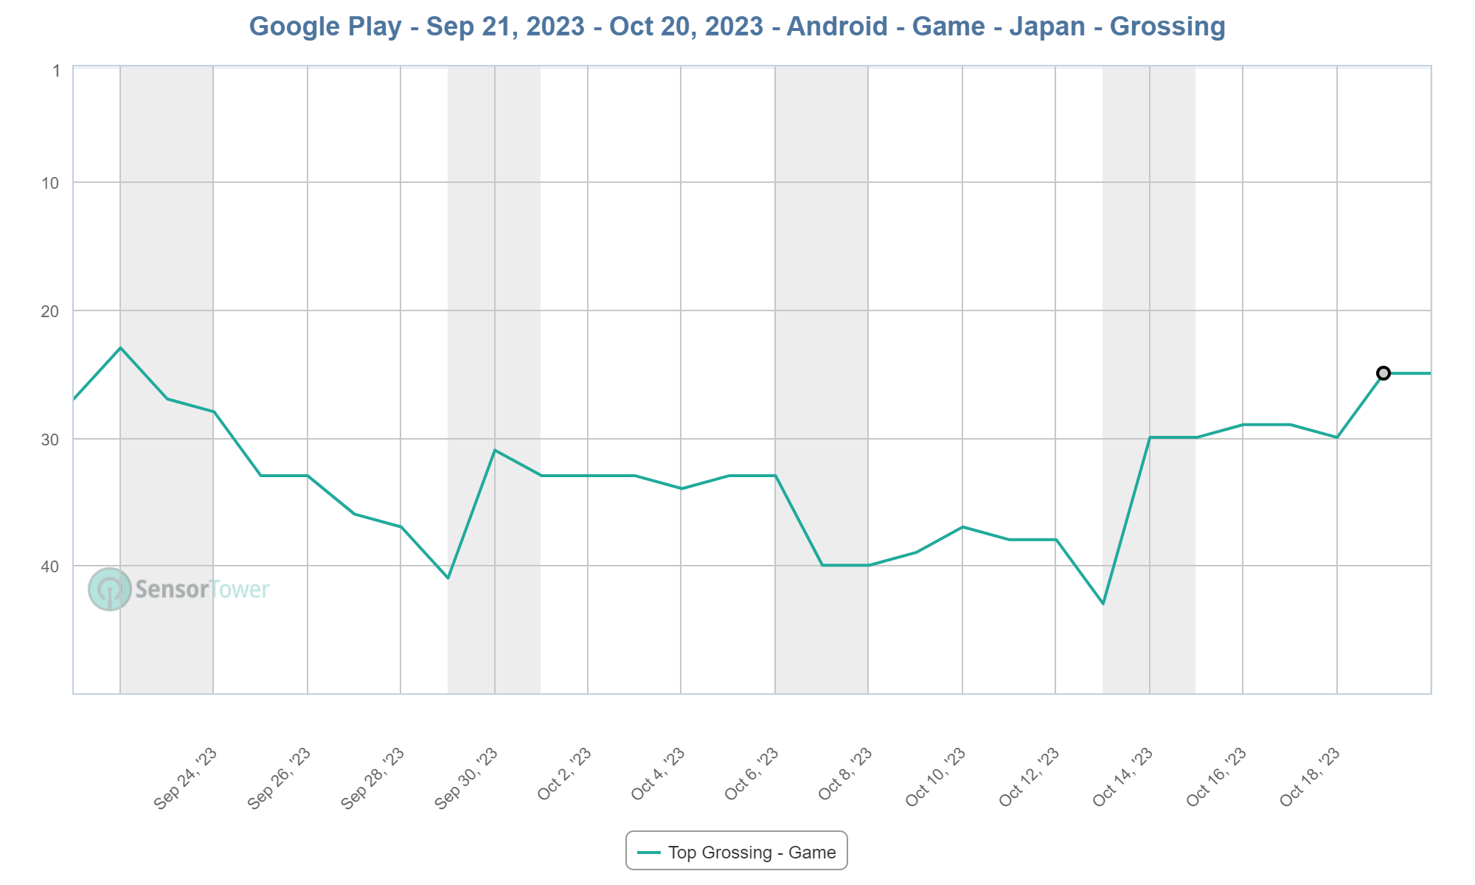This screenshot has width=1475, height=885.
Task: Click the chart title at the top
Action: point(737,27)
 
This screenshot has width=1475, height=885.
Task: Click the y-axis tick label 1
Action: point(56,72)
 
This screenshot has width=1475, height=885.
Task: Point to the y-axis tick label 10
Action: point(51,183)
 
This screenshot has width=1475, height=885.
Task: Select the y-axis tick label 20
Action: point(51,311)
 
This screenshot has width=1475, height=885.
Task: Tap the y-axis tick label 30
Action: point(51,440)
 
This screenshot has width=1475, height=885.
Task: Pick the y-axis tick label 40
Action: point(51,566)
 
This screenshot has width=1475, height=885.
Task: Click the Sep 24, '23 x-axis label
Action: point(186,779)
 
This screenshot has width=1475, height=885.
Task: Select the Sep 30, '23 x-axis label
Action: point(467,779)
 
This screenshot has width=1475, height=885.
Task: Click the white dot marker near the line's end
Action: point(1384,373)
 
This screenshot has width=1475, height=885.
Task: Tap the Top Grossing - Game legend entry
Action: point(737,853)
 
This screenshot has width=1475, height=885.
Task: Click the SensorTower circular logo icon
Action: point(109,589)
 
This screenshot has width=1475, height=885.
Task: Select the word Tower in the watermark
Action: point(240,589)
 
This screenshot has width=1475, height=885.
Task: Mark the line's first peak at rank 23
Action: point(120,347)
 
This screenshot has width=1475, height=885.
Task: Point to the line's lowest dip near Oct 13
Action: point(1103,604)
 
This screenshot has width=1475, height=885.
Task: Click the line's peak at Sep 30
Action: point(495,450)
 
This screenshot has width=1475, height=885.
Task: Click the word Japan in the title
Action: point(1047,27)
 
